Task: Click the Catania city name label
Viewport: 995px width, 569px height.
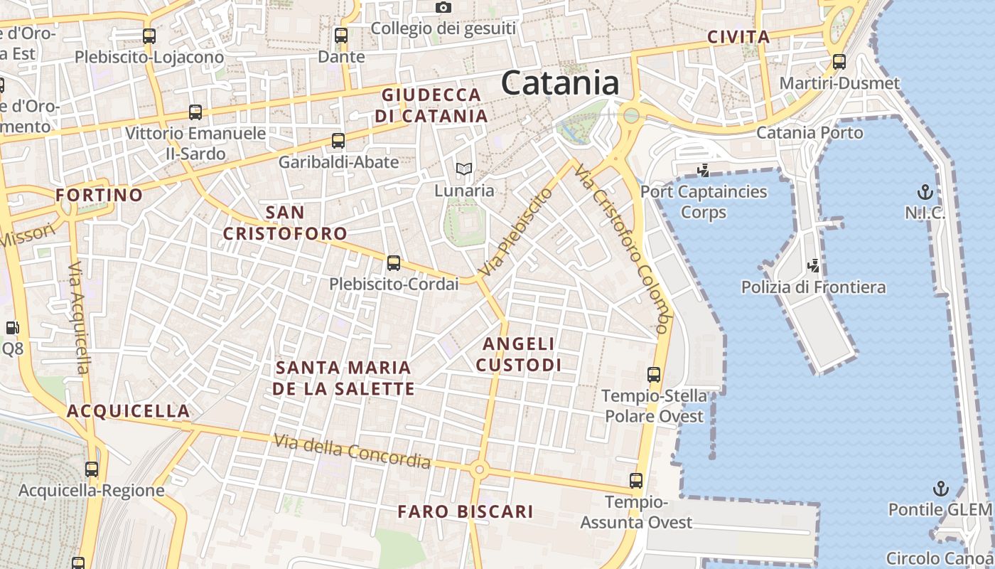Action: pos(560,83)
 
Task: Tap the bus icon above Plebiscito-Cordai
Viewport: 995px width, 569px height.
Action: pos(394,263)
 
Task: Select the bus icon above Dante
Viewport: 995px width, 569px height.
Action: pos(341,36)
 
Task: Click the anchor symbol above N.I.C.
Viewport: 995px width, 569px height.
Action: pos(925,191)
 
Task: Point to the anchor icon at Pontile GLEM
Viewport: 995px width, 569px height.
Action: pos(941,489)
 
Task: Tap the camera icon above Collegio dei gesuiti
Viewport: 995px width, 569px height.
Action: pos(443,8)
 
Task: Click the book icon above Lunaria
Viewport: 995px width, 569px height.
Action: pos(464,169)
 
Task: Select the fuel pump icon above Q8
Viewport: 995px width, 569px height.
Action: pos(12,328)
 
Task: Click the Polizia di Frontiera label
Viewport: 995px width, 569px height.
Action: pos(813,287)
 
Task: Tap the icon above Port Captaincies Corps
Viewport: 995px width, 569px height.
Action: pos(704,171)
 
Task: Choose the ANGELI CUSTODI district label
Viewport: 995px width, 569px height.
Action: pos(518,354)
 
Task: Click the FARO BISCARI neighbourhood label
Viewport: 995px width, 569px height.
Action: pos(465,511)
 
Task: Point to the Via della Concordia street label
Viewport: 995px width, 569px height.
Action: pos(353,452)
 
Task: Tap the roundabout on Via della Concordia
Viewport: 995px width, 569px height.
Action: pos(479,469)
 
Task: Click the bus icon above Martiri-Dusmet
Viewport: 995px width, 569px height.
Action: pos(839,62)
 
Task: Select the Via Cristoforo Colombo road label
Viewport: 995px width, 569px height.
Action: pos(623,249)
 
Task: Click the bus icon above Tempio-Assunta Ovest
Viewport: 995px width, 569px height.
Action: pos(636,481)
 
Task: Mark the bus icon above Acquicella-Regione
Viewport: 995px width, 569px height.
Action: pos(92,469)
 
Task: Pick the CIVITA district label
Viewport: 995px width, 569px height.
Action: pos(738,37)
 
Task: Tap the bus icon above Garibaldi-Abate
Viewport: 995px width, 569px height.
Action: pos(338,141)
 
